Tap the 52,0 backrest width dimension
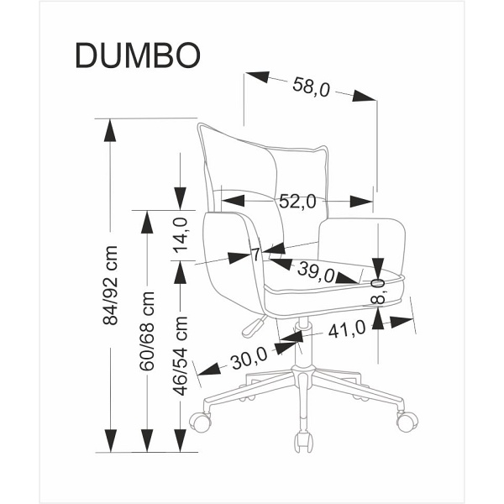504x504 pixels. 297,202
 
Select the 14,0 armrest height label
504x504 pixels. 180,235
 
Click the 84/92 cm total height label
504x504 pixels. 108,286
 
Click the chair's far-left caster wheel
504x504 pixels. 199,420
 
